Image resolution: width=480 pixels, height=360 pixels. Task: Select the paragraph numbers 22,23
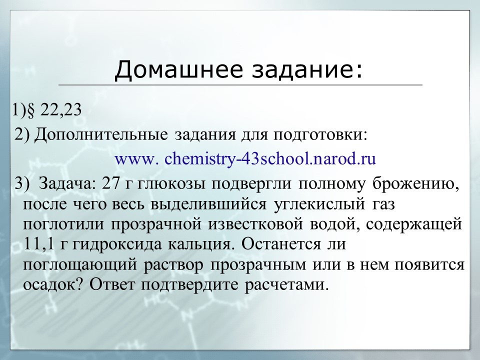coord(59,109)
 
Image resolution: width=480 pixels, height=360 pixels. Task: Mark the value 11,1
coord(38,244)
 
